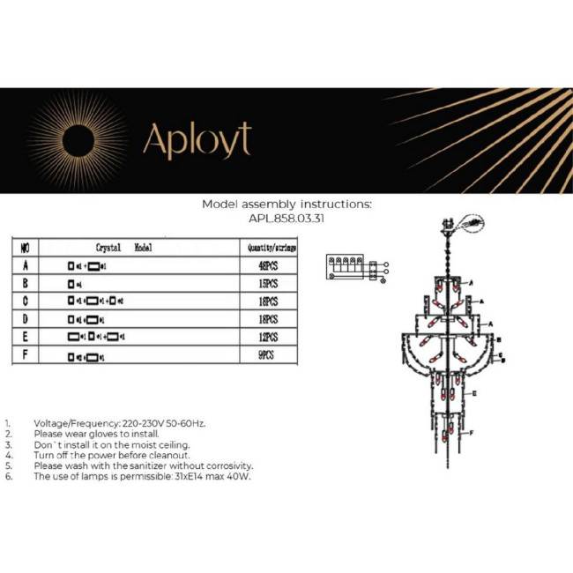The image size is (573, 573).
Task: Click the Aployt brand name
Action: tap(197, 139)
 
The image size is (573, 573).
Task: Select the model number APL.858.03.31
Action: tap(286, 220)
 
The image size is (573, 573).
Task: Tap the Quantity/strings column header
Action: tap(270, 249)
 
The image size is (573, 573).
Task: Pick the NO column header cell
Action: tap(25, 249)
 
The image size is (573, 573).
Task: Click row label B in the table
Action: tap(25, 284)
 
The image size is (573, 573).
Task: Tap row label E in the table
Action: tap(25, 338)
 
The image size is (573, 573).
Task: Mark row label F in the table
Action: tap(25, 356)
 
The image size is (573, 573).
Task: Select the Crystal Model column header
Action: tap(123, 249)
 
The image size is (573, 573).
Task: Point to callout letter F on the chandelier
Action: tap(471, 434)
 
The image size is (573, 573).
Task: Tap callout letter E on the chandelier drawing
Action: tap(475, 392)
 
